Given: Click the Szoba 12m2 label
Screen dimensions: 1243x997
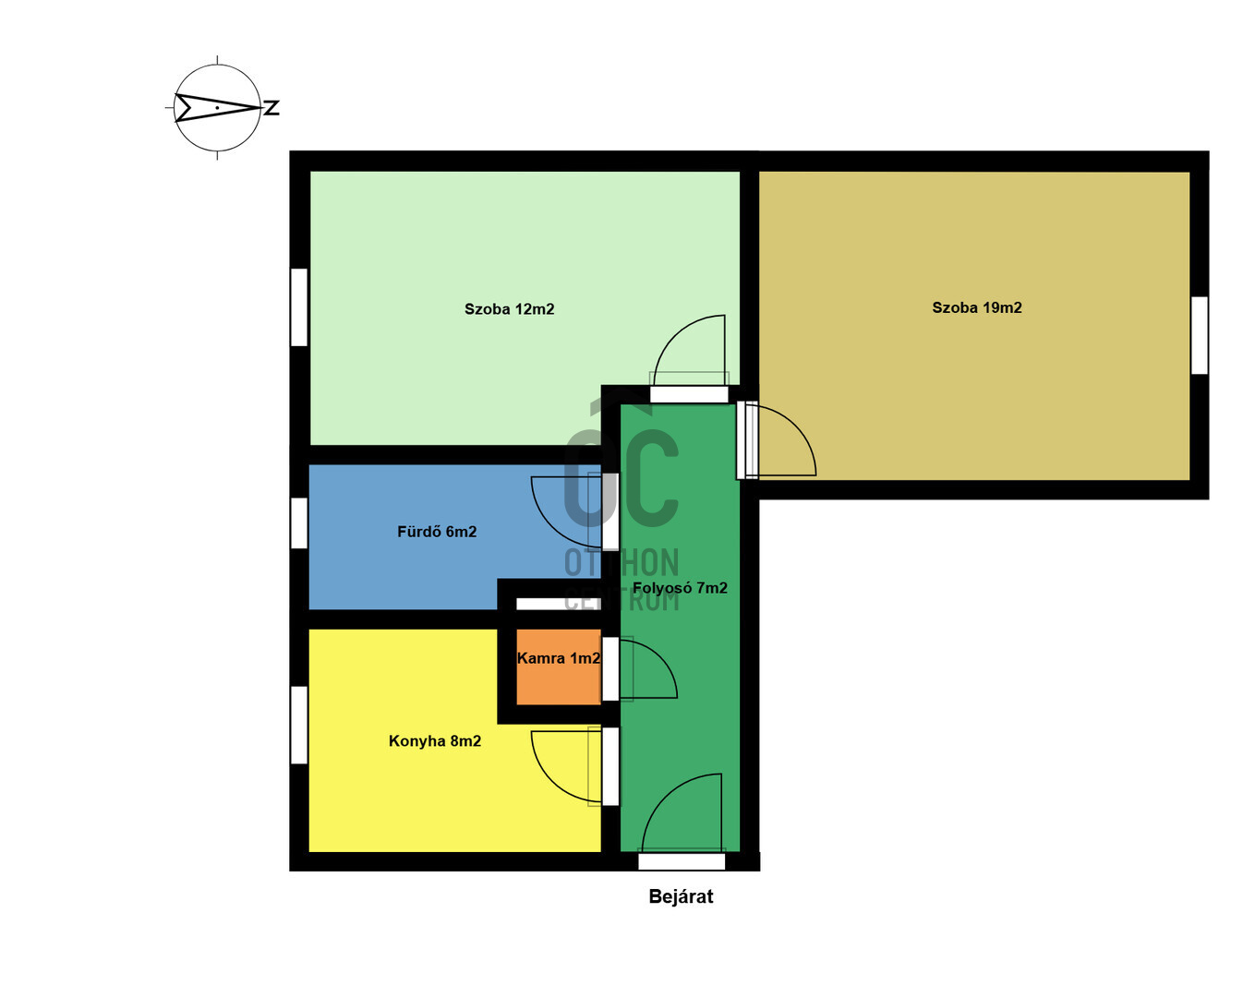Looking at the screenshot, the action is coord(509,309).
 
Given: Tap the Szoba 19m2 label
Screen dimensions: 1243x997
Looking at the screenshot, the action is coord(977,307).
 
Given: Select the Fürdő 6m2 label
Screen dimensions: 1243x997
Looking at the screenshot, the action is coord(437,531).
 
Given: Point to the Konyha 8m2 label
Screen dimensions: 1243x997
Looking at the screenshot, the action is coord(434,740).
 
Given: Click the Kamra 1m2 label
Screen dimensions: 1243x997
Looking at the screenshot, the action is coord(559,658).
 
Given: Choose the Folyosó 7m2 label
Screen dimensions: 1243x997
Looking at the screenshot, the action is coord(680,588).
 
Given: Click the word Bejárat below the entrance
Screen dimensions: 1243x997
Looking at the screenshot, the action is coord(681,896).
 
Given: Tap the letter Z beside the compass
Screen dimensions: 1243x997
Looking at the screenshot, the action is coord(272,108).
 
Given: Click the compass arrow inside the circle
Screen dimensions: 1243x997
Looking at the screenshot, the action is coord(218,108).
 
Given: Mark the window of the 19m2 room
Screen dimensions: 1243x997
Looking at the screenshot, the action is coord(1199,335).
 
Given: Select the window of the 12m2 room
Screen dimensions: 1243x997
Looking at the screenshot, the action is coord(298,307).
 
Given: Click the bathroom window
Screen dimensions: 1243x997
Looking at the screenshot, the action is coord(298,523).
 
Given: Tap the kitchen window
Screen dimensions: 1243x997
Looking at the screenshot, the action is coord(298,725).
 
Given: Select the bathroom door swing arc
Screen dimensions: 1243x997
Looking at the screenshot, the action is coord(549,525).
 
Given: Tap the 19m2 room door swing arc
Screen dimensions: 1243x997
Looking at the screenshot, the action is coord(797,426).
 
